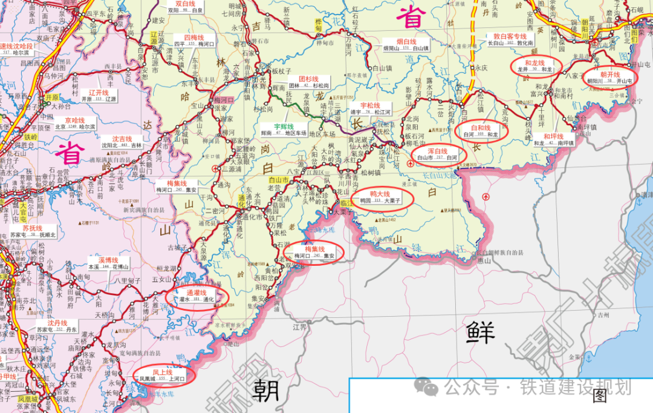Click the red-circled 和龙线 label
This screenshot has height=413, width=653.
coord(535,63)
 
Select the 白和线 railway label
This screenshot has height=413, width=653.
coord(481,128)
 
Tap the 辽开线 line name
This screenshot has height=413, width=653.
coord(97,93)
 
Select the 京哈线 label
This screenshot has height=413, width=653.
coord(76,121)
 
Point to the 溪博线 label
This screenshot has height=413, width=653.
coord(108,259)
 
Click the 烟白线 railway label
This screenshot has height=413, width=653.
coord(406,41)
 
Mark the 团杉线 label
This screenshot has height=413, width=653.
coord(308,79)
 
